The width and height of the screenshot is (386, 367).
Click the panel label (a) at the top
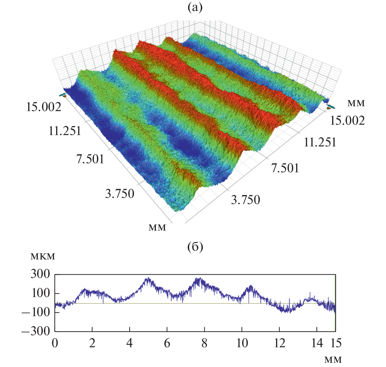[195, 7]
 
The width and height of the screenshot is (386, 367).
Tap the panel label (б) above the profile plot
[195, 247]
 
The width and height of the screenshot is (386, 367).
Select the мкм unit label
[43, 257]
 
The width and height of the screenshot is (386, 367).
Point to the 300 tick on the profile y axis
[40, 275]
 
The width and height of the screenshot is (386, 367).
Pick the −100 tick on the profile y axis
[36, 313]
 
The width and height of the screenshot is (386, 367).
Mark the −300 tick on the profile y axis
[36, 331]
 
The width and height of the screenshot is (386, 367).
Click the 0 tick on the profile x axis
[55, 343]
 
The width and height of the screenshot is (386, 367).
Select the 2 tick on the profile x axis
[92, 343]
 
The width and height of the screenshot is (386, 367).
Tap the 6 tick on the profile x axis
[167, 343]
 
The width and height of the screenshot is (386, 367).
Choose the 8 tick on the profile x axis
[204, 343]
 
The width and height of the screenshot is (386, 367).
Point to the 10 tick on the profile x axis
[242, 343]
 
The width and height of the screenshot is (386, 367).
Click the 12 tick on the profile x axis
[279, 343]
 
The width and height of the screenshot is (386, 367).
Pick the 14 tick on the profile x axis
[317, 343]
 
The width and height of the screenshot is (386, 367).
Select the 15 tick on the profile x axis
[336, 343]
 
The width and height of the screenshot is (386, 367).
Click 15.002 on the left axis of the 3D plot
[44, 107]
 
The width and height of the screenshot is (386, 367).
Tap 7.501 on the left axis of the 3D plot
[90, 159]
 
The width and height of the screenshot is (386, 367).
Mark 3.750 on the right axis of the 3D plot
[246, 200]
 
